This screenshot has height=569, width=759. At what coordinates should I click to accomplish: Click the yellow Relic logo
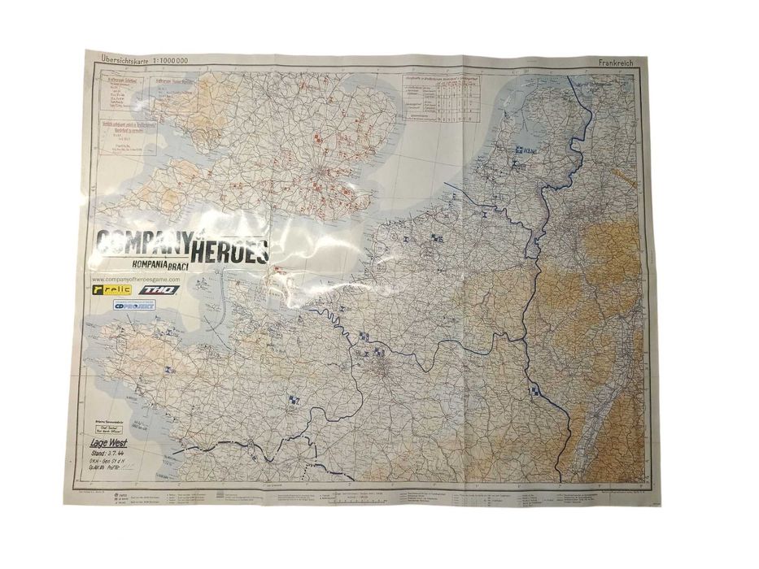[112, 290]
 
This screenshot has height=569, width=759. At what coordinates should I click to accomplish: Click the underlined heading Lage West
[107, 443]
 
